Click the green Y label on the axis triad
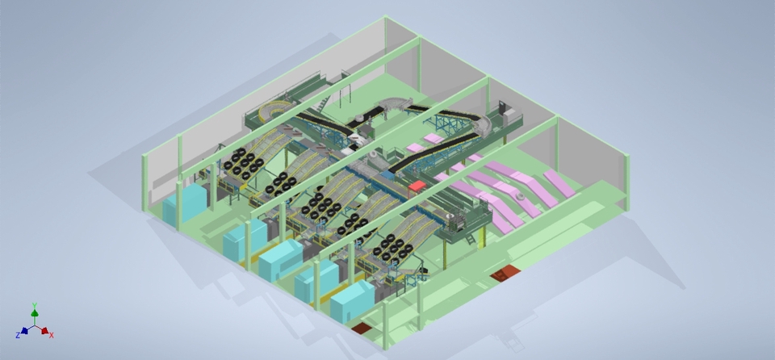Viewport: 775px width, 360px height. tap(35, 306)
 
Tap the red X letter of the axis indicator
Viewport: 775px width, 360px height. tap(52, 335)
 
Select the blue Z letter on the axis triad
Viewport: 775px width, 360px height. tap(18, 335)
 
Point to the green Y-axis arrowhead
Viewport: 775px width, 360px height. tap(35, 312)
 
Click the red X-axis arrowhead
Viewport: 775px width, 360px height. tap(44, 331)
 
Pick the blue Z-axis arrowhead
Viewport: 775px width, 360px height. tap(24, 331)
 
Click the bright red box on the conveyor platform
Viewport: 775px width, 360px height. tap(417, 186)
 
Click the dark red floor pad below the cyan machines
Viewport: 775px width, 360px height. tap(362, 328)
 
